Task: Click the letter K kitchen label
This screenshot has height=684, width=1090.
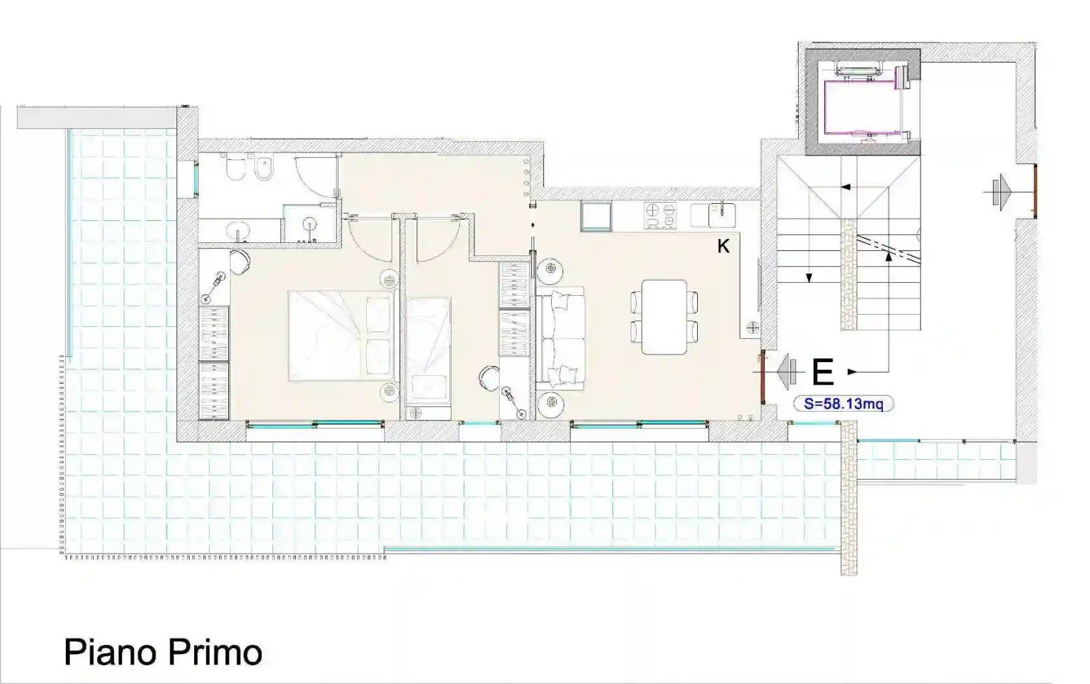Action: click(x=723, y=246)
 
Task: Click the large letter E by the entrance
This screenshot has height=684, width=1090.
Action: click(x=823, y=372)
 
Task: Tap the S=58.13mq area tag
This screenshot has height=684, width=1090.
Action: click(x=843, y=404)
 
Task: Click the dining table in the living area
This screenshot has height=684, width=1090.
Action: click(x=664, y=317)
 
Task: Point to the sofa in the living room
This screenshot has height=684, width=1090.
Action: click(x=560, y=339)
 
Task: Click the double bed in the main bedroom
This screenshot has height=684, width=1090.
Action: click(x=342, y=335)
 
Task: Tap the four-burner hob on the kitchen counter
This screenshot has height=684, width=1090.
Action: click(x=660, y=216)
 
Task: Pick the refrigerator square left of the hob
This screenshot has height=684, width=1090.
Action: click(x=596, y=216)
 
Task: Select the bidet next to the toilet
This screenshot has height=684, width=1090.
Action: click(x=263, y=168)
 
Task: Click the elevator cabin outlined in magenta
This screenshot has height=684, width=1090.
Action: click(x=863, y=106)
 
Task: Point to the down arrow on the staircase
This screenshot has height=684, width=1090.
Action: click(x=809, y=278)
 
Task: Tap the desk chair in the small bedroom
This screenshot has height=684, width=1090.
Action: click(x=488, y=377)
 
